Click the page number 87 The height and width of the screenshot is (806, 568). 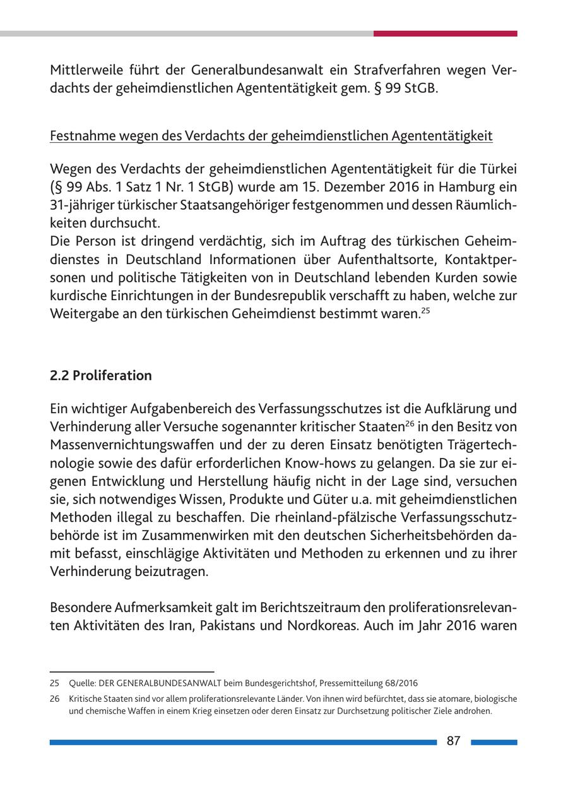click(x=453, y=742)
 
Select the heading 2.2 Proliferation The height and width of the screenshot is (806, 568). click(x=101, y=376)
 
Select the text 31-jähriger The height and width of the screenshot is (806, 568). click(x=79, y=205)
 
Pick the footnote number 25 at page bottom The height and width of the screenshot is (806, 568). click(x=54, y=683)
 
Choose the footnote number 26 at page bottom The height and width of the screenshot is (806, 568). click(x=54, y=699)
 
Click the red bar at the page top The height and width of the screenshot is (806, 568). click(x=445, y=33)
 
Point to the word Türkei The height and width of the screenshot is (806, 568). click(x=499, y=169)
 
